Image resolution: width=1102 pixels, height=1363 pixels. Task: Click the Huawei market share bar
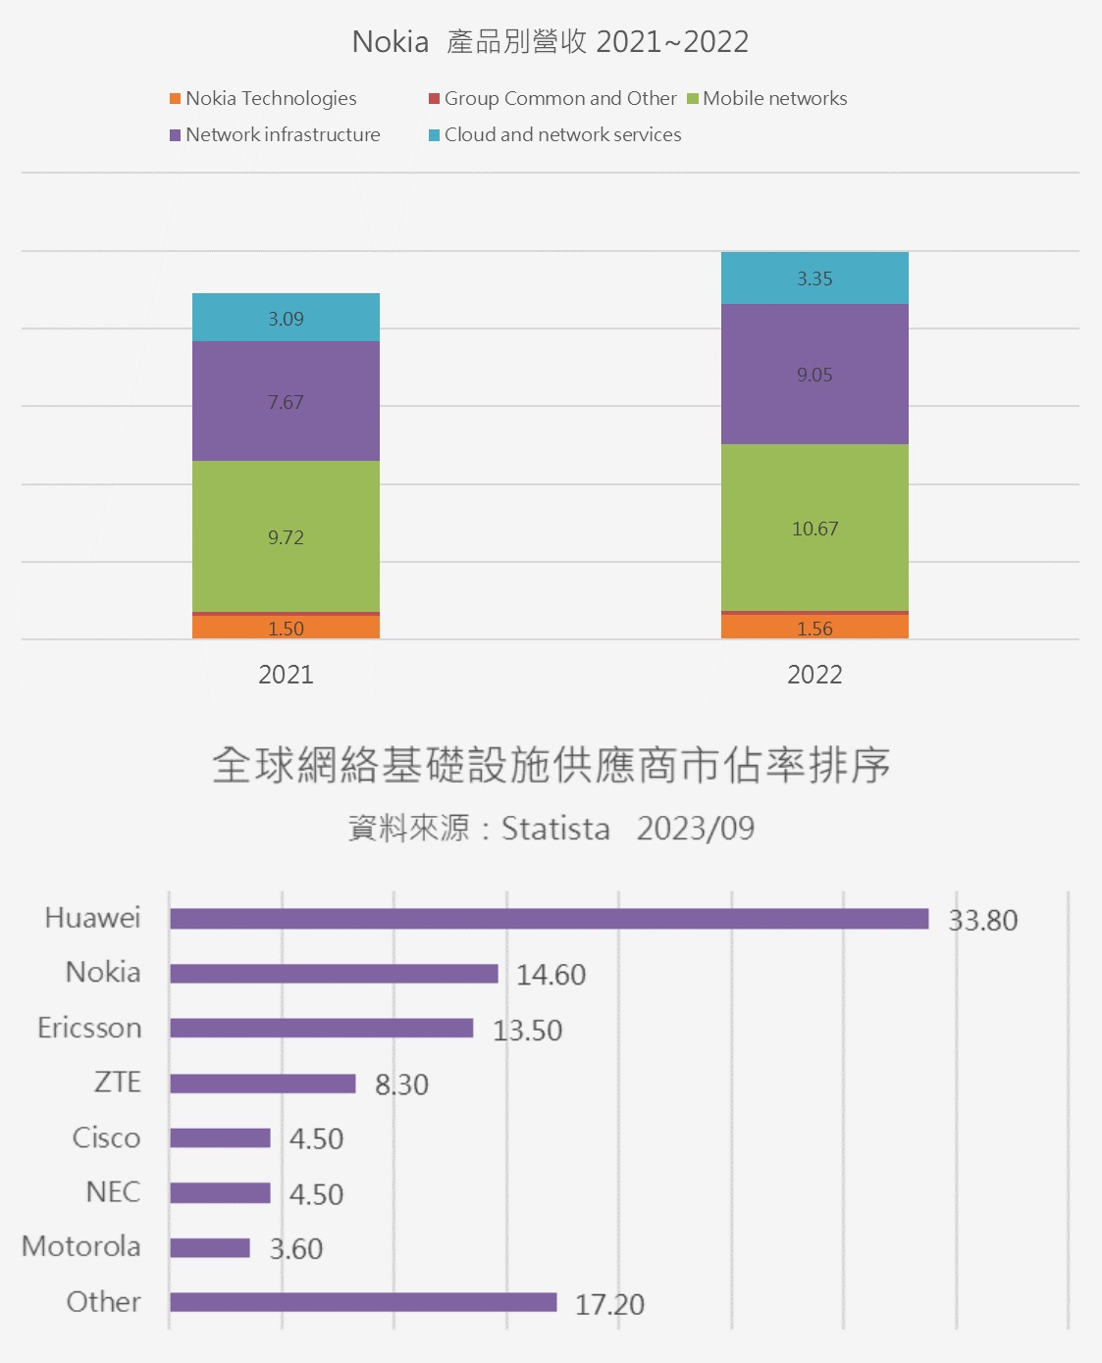tap(549, 919)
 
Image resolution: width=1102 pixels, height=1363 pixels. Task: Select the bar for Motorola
tap(210, 1248)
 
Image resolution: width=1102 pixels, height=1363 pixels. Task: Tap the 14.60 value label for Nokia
tap(551, 975)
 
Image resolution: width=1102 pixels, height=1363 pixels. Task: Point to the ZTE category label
tap(118, 1083)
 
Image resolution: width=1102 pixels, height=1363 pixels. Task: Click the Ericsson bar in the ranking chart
tap(321, 1029)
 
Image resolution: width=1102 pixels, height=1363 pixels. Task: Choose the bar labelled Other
tap(363, 1302)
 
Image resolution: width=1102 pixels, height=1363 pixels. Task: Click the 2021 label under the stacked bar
tap(286, 675)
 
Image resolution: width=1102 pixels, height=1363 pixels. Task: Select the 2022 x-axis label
tap(814, 675)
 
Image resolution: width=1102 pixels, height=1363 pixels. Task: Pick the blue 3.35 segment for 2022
tap(814, 278)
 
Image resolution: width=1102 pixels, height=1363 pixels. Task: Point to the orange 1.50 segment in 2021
tap(286, 628)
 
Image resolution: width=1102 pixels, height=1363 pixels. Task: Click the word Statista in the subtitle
tap(555, 829)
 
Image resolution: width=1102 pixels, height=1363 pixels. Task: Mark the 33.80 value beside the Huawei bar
tap(982, 921)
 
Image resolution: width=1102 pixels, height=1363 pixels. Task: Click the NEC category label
tap(113, 1192)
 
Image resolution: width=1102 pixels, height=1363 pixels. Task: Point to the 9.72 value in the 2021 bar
tap(286, 537)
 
